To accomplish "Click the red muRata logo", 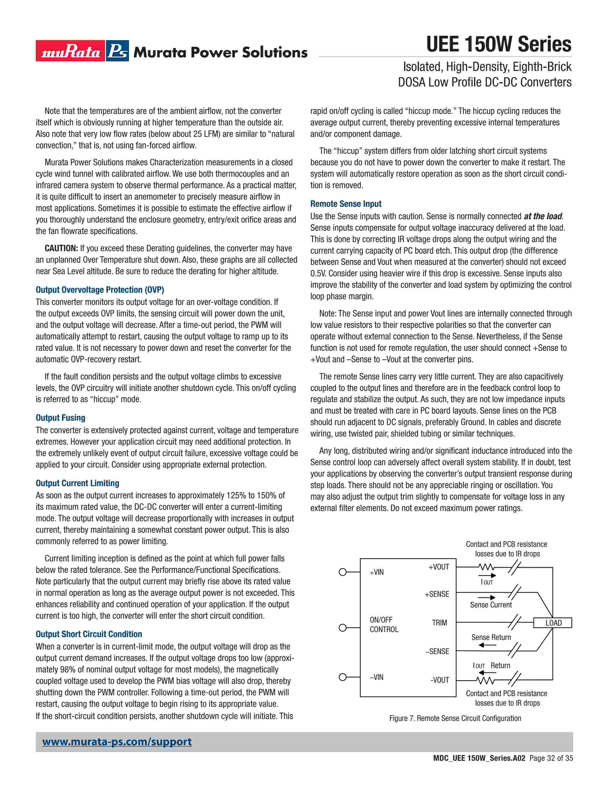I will point(70,51).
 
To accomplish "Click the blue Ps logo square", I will point(118,51).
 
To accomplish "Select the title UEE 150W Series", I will point(499,44).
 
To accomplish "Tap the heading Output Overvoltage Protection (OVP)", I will point(100,290).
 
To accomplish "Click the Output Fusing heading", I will point(60,418).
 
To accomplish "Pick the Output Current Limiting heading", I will point(77,483).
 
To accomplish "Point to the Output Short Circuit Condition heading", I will point(89,634).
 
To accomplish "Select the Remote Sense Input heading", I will point(346,204).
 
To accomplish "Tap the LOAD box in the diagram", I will point(553,623).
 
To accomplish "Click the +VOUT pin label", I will point(439,567).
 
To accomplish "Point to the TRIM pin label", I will point(439,623).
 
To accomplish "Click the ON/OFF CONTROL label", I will point(384,625).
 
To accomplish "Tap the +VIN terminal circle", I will point(343,572).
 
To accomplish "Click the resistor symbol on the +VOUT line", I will point(486,568).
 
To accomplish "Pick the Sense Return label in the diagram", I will point(491,638).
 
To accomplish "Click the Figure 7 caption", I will point(455,718).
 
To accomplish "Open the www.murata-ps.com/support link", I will point(117,742).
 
